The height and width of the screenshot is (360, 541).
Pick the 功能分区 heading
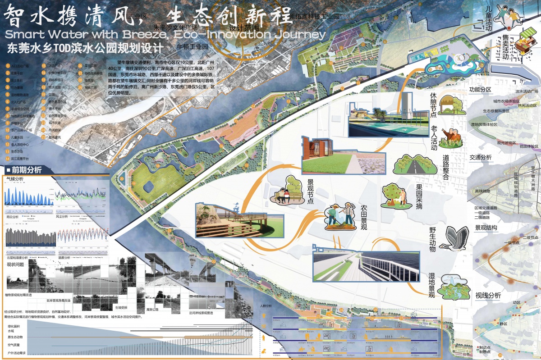(x=480, y=90)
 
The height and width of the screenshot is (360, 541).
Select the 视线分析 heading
(x=488, y=296)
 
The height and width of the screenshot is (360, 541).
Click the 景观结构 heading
(x=486, y=228)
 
